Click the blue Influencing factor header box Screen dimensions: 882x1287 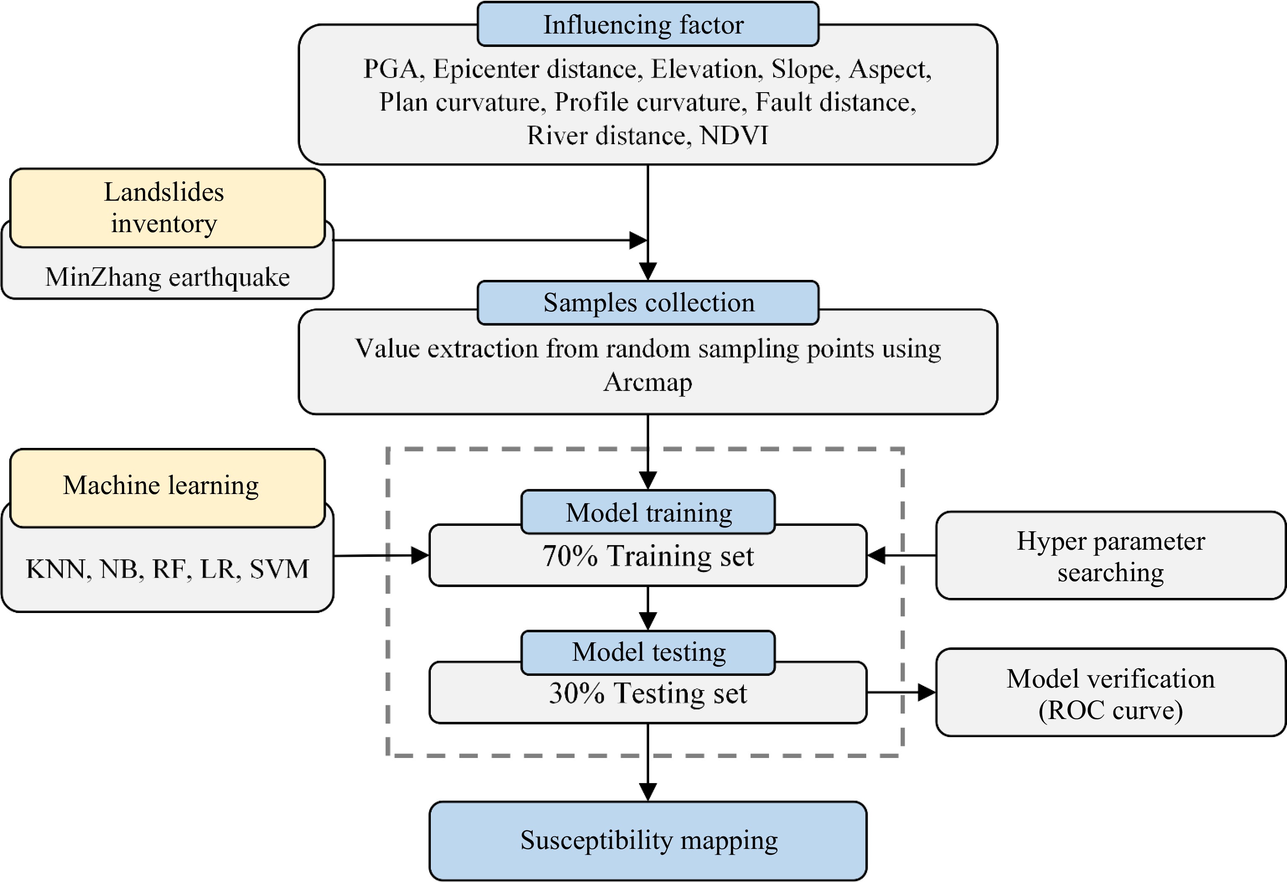pyautogui.click(x=647, y=24)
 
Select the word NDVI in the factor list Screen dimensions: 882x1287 pyautogui.click(x=734, y=136)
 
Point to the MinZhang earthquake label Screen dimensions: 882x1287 pyautogui.click(x=167, y=277)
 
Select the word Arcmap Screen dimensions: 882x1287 pyautogui.click(x=647, y=382)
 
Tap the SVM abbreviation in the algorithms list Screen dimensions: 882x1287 pyautogui.click(x=279, y=569)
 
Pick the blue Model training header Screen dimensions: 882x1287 pyautogui.click(x=647, y=512)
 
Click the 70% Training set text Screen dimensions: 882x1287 pyautogui.click(x=647, y=556)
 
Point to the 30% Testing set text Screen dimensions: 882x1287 pyautogui.click(x=647, y=693)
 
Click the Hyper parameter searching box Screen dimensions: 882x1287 pyautogui.click(x=1110, y=555)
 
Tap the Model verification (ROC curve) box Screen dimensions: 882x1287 pyautogui.click(x=1110, y=693)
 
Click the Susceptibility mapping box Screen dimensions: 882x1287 pyautogui.click(x=647, y=841)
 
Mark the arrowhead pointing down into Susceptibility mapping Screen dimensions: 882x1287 pyautogui.click(x=647, y=792)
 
